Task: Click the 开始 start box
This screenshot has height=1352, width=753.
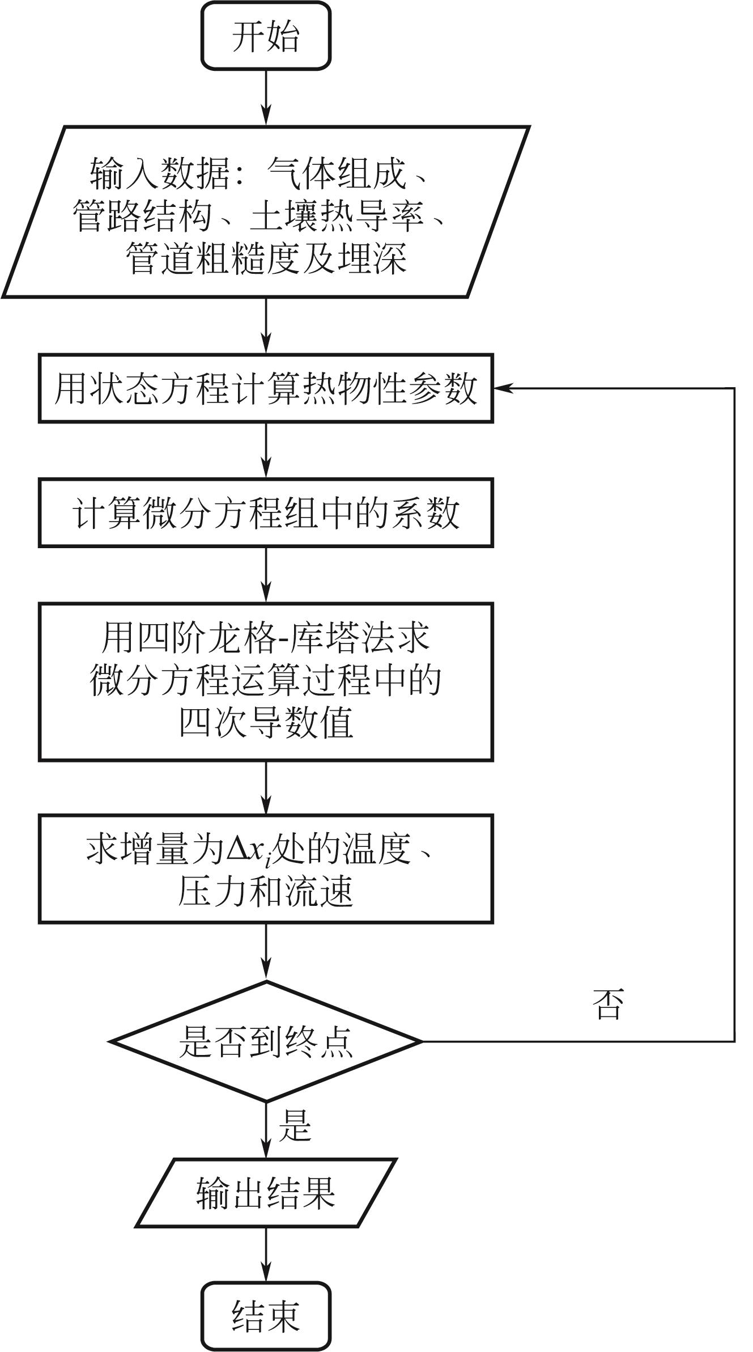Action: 265,36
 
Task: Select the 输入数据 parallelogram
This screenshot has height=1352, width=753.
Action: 265,212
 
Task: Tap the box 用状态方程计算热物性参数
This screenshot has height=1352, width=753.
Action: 265,389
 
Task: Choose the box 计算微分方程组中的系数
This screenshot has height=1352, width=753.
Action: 265,513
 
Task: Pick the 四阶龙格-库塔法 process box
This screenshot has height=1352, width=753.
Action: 265,681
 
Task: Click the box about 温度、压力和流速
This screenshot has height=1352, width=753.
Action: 265,869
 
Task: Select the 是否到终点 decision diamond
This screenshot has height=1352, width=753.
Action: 265,1041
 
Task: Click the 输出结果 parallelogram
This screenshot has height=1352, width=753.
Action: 265,1193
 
